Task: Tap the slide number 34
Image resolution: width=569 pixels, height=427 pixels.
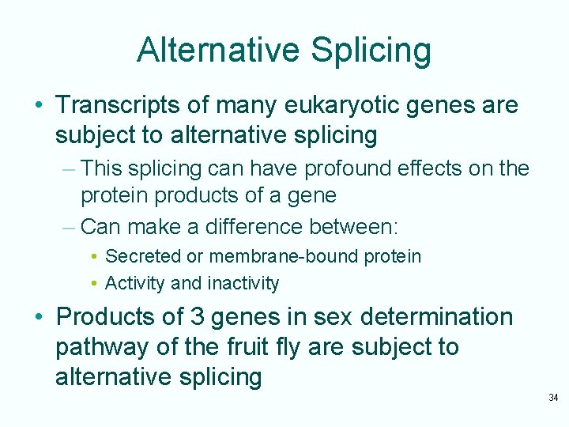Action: point(553,397)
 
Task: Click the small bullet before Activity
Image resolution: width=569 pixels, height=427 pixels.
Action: point(94,284)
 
